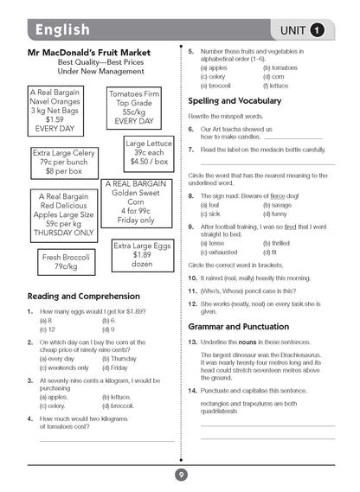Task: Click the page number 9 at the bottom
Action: tap(180, 475)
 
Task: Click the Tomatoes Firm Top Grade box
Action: tap(134, 108)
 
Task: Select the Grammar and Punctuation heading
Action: tap(245, 327)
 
